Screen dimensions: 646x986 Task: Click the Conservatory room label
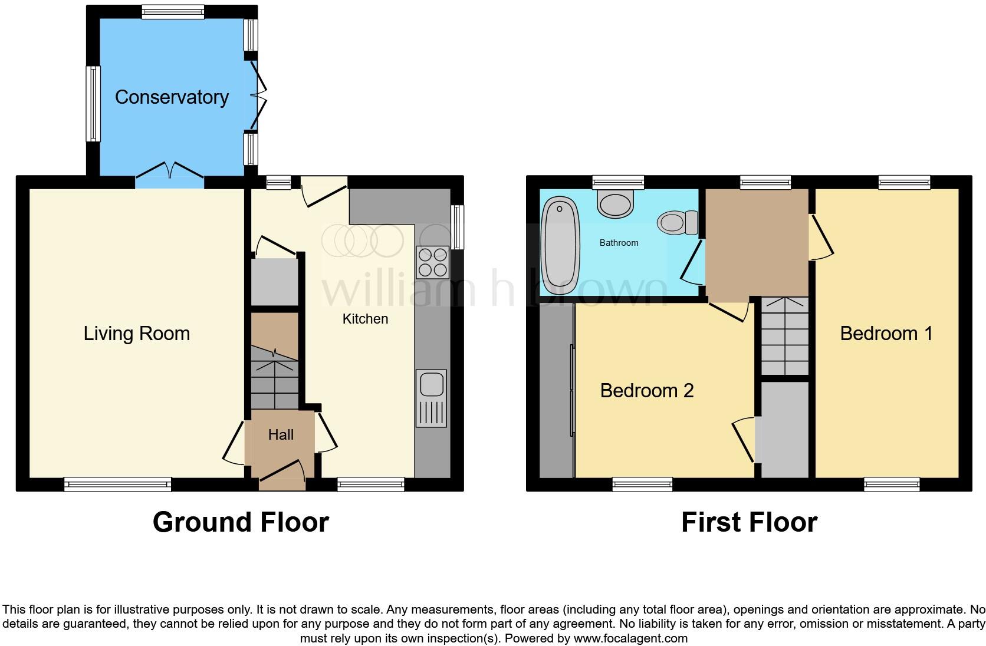[x=172, y=97]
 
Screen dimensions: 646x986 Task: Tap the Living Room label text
[x=137, y=334]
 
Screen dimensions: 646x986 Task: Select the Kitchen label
[x=365, y=319]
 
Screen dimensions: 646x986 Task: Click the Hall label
[x=281, y=435]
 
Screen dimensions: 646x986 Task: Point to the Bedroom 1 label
[x=886, y=334]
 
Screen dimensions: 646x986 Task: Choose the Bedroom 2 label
[x=646, y=390]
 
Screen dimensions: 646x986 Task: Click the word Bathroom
[x=619, y=243]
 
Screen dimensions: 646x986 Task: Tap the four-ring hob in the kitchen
[x=432, y=262]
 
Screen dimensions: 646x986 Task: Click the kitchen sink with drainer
[x=432, y=398]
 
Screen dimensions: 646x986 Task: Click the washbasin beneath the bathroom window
[x=615, y=204]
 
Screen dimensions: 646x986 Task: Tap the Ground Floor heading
[x=241, y=522]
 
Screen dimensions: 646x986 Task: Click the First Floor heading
[x=749, y=522]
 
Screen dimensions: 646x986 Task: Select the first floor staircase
[x=784, y=336]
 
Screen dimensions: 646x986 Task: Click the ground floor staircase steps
[x=275, y=377]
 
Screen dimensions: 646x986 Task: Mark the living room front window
[x=117, y=484]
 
